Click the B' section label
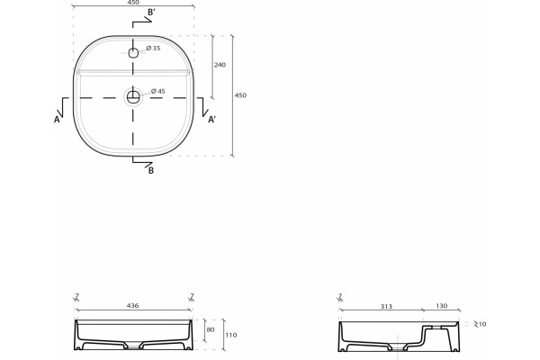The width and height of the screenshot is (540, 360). point(151,13)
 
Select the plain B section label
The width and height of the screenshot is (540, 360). point(151,170)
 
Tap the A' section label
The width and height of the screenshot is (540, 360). point(212,119)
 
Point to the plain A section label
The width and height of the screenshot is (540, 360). point(57,120)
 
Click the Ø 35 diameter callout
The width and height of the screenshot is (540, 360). point(153,49)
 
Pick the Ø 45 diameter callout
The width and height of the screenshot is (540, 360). point(158,91)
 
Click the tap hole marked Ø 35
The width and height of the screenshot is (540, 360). point(133,53)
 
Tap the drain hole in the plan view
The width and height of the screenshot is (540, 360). point(133,97)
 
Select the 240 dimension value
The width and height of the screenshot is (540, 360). point(220,65)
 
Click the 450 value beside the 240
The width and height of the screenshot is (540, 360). point(240,95)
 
